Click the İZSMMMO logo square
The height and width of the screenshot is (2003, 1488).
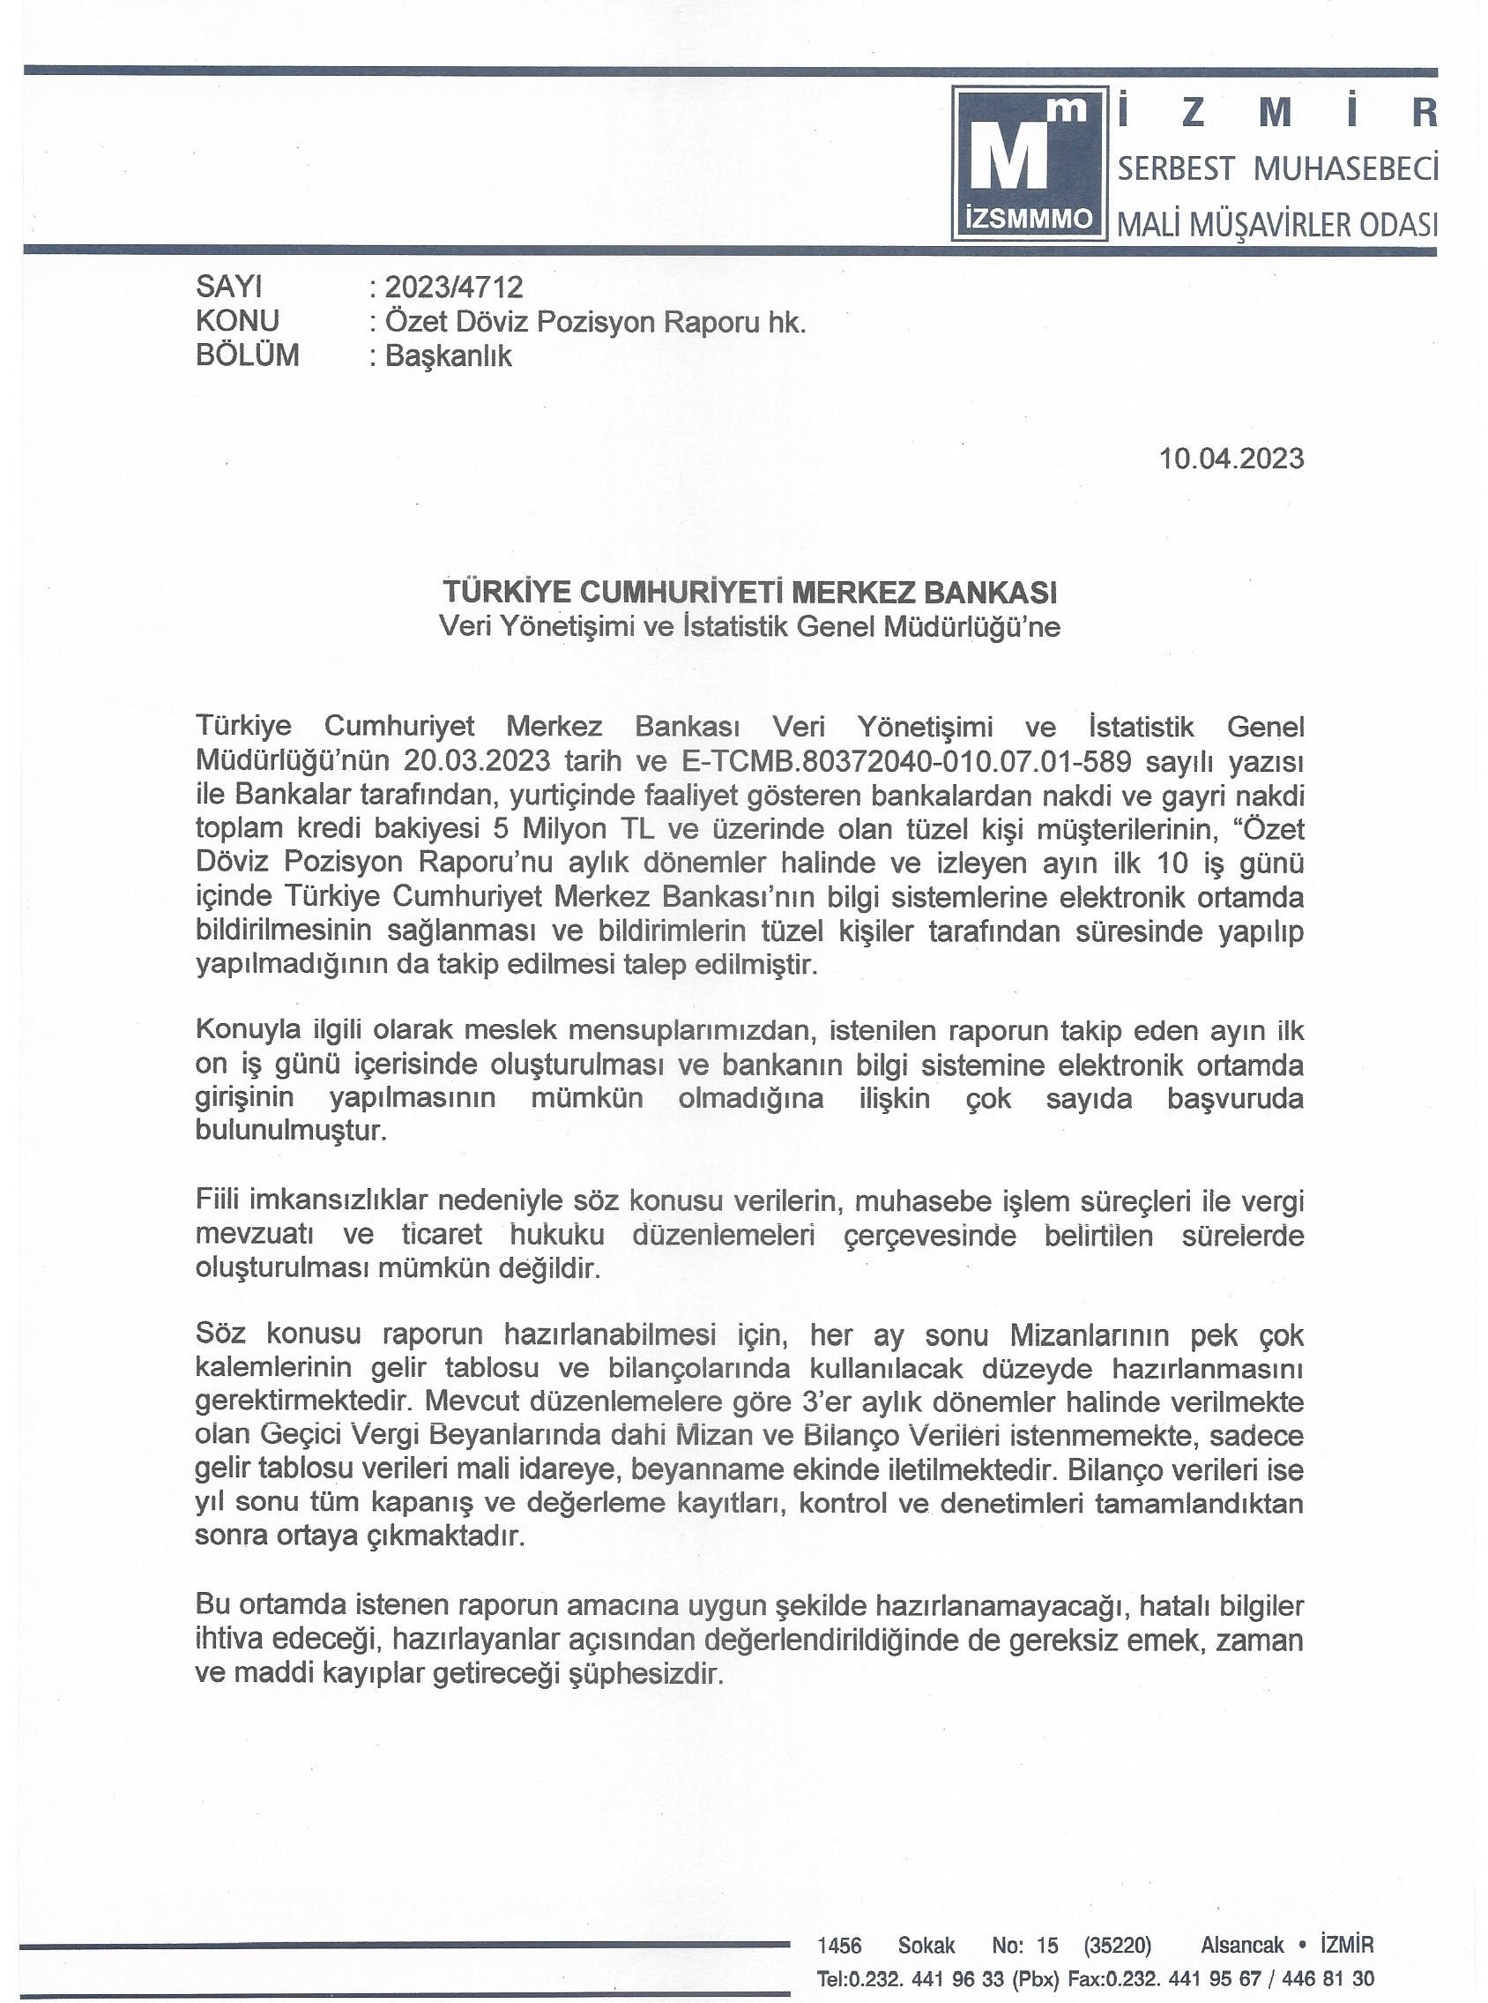coord(1030,163)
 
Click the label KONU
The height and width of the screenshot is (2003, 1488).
coord(237,321)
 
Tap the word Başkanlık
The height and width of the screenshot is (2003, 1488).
coord(449,356)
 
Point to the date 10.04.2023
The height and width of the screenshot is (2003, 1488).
coord(1231,459)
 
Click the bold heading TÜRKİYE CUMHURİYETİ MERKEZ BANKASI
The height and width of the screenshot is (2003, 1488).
coord(749,592)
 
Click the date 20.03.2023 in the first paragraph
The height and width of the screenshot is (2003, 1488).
coord(477,760)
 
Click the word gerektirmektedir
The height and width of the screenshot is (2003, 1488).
coord(304,1403)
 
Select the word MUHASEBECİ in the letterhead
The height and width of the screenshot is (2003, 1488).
coord(1346,168)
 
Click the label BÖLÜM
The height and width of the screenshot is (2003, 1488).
coord(247,355)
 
